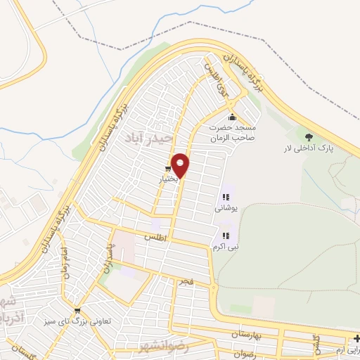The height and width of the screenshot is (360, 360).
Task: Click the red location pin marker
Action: point(181,165)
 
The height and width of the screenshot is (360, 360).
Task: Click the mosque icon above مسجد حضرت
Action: point(232,117)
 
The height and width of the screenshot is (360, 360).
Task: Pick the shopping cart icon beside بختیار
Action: point(167,169)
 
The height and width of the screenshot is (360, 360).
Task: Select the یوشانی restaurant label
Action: point(226,209)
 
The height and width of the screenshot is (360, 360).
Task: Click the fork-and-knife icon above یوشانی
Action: point(226,198)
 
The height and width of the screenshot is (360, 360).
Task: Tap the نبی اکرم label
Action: point(225,247)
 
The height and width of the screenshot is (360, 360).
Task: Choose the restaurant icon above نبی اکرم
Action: point(225,236)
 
